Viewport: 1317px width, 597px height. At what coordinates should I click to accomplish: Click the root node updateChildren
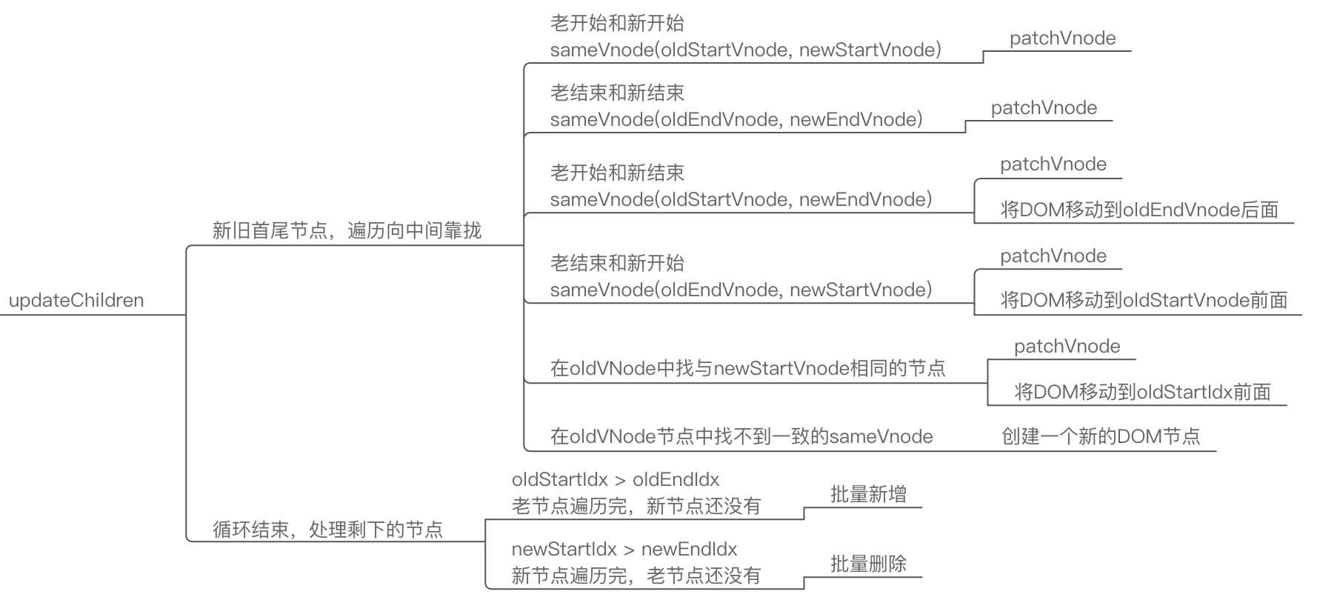(76, 301)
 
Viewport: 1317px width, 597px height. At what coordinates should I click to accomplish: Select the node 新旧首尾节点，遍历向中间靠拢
(347, 231)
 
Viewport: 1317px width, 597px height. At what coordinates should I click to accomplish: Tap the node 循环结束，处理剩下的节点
(327, 530)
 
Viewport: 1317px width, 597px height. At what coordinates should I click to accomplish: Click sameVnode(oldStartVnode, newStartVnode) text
(746, 50)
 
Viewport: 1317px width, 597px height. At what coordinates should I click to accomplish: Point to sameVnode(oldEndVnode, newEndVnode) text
(736, 120)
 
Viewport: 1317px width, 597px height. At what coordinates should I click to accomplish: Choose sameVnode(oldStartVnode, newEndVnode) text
(741, 200)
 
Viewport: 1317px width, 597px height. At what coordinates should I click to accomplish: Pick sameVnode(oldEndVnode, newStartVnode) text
(741, 290)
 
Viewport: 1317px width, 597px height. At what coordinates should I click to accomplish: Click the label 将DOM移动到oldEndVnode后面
(1139, 210)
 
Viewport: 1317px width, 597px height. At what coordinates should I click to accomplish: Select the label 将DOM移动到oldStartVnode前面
(1144, 301)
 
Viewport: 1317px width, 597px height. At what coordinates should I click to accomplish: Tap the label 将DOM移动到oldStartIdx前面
(1142, 393)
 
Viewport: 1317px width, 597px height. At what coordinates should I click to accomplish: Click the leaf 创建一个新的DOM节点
(1101, 437)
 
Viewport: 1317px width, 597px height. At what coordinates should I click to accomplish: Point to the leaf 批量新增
(868, 495)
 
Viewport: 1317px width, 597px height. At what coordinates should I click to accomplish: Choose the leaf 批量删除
(868, 564)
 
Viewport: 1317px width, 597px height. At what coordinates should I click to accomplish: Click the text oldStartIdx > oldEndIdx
(616, 480)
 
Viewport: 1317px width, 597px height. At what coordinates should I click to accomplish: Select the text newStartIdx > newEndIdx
(624, 550)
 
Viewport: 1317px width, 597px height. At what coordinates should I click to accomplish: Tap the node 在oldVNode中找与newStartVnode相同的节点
(747, 369)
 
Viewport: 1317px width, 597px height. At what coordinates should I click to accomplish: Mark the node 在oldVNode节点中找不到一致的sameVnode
(741, 437)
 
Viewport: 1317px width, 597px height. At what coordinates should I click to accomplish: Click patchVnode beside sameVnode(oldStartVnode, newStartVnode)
(1062, 39)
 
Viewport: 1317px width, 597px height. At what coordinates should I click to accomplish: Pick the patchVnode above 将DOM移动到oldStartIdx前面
(1067, 347)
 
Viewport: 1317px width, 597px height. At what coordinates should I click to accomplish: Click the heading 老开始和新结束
(617, 173)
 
